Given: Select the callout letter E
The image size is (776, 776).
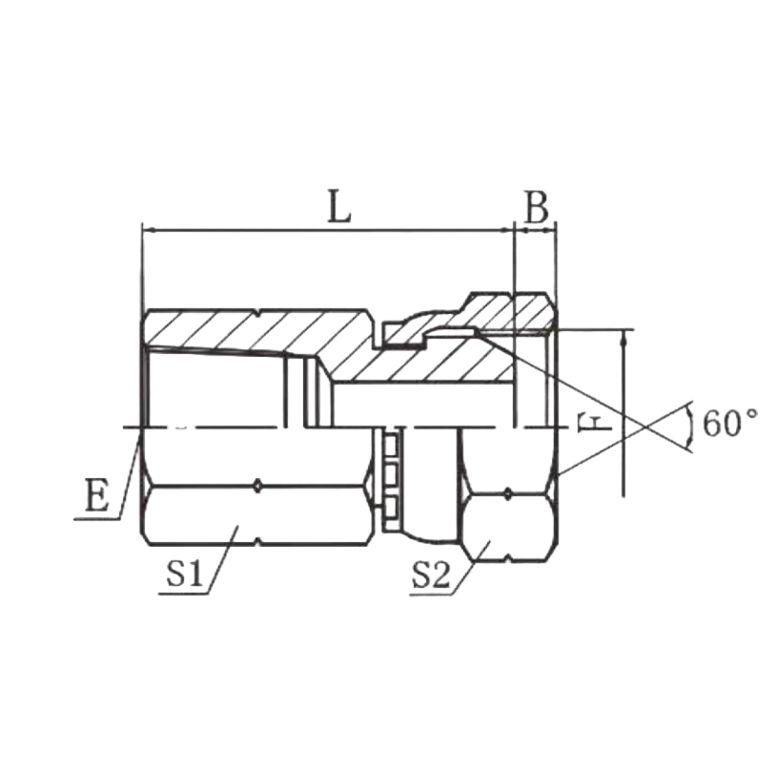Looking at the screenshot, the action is pyautogui.click(x=96, y=495).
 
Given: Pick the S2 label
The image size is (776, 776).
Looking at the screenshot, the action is pyautogui.click(x=430, y=575).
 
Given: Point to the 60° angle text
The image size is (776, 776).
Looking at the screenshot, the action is pyautogui.click(x=730, y=423).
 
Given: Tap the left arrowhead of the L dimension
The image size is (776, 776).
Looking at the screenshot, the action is pyautogui.click(x=149, y=230).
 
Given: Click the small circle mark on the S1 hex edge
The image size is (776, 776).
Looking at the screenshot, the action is pyautogui.click(x=257, y=486).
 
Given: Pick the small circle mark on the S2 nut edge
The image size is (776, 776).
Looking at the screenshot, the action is pyautogui.click(x=508, y=493).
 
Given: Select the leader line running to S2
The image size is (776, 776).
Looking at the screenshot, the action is pyautogui.click(x=470, y=567).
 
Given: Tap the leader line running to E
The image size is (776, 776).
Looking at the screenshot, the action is pyautogui.click(x=129, y=474).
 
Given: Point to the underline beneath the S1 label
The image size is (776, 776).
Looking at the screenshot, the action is pyautogui.click(x=183, y=593).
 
